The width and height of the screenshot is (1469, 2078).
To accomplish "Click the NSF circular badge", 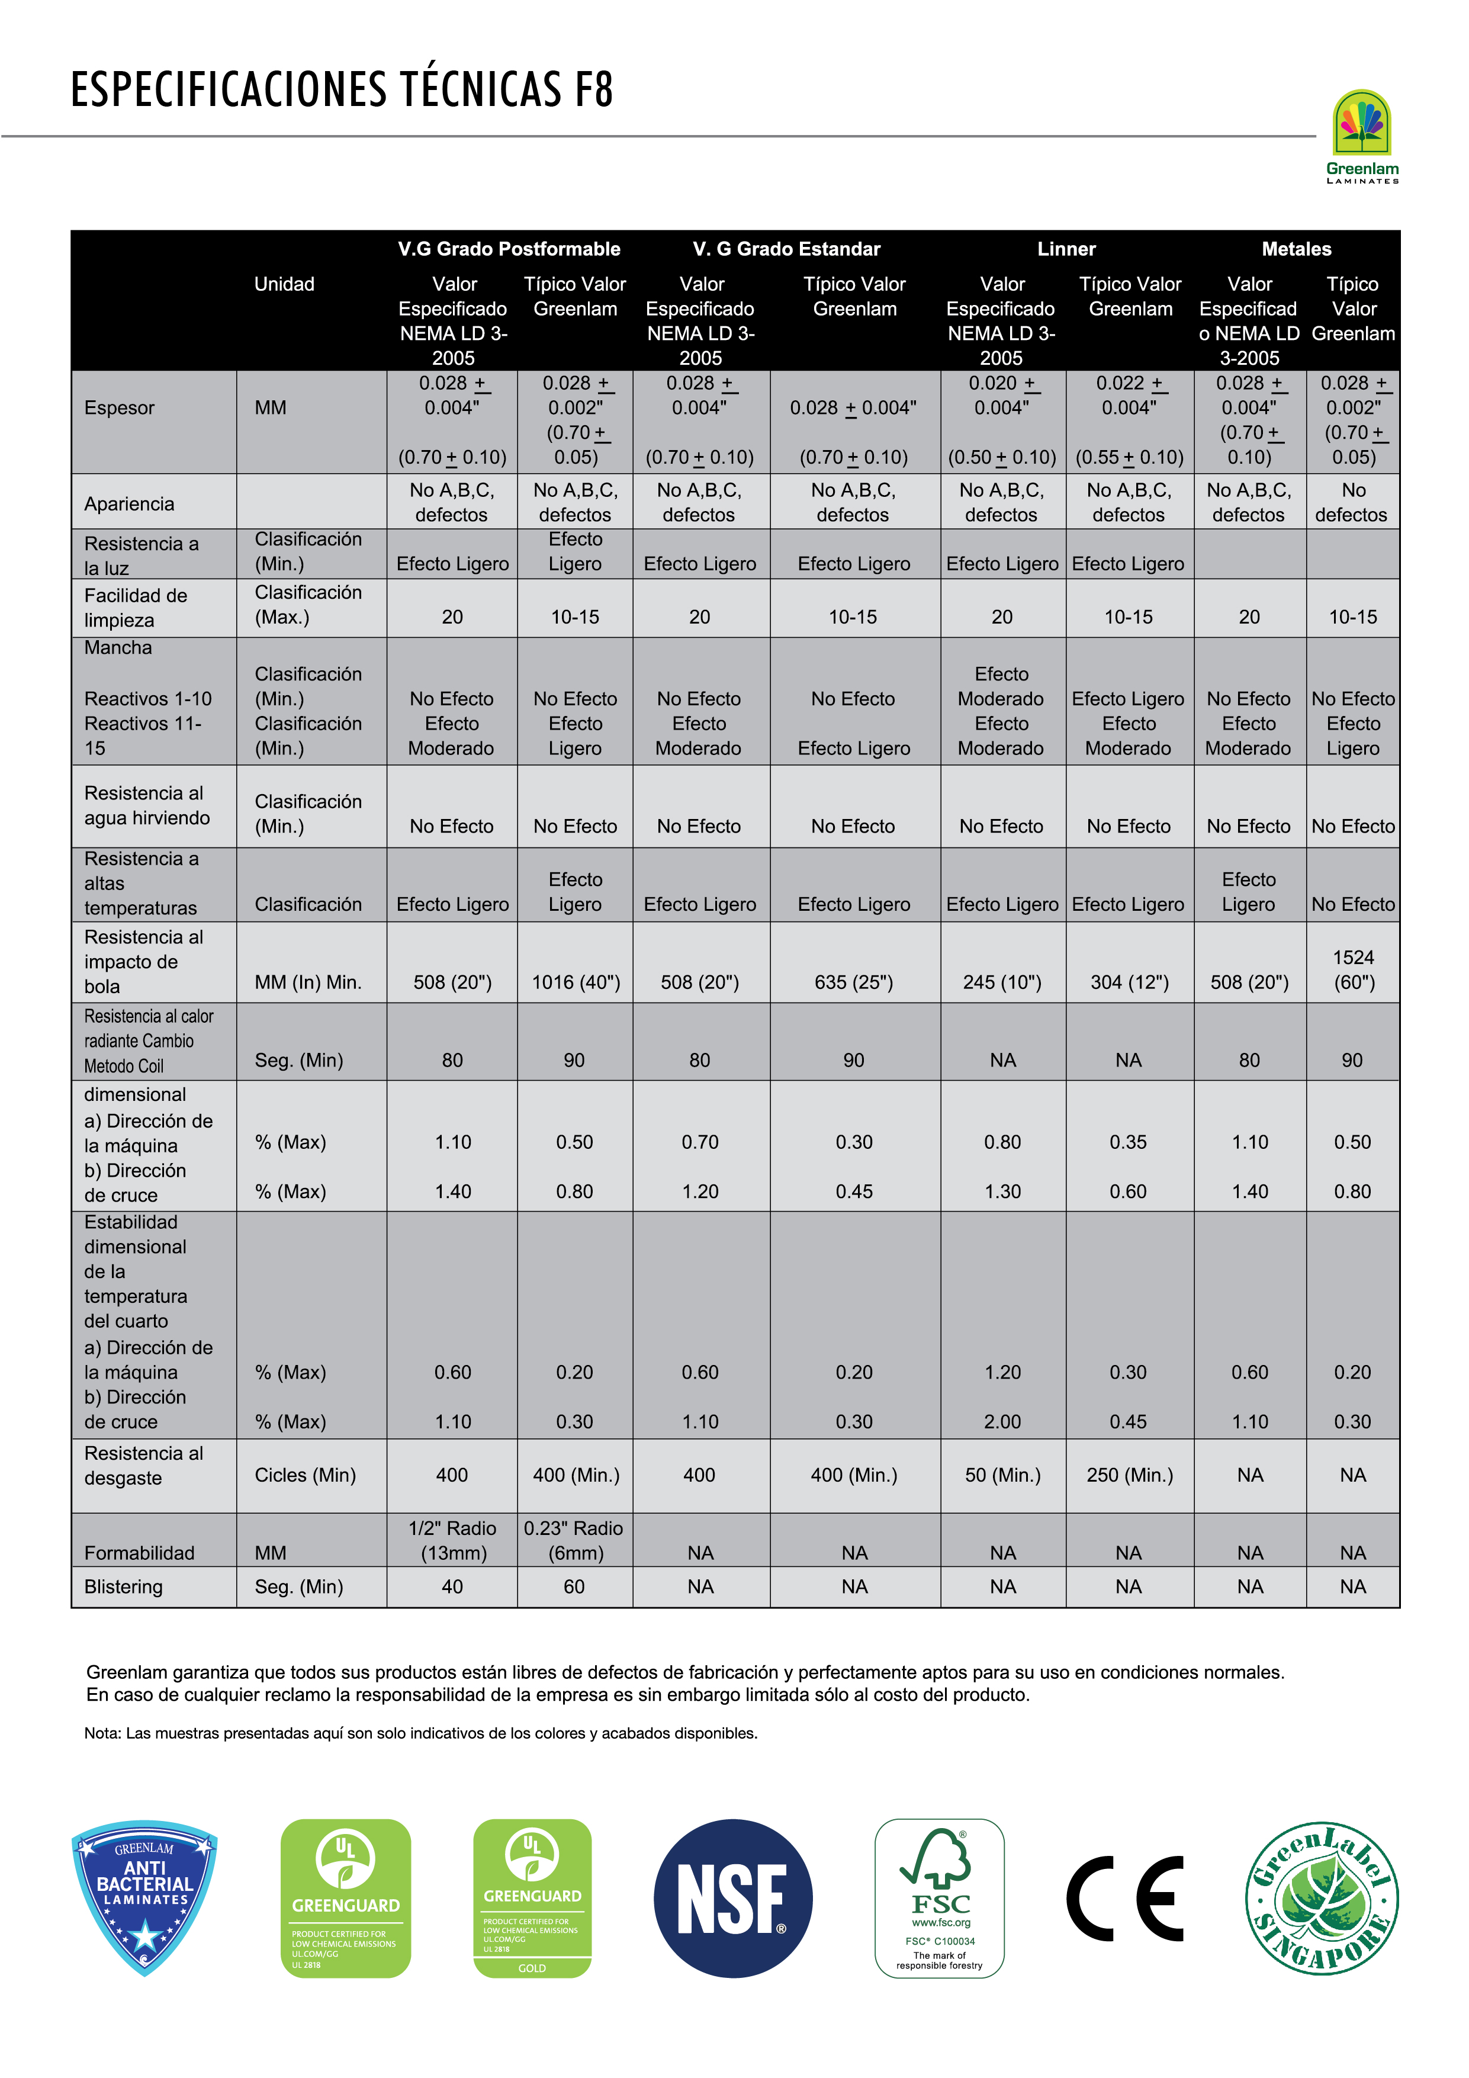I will coord(732,1899).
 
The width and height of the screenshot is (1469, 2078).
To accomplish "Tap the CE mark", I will coord(1124,1899).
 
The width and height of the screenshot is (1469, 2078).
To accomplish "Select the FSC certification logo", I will coord(940,1898).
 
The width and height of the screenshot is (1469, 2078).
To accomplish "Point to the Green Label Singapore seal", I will coord(1322,1898).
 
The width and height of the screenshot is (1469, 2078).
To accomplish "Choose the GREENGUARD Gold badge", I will coord(532,1898).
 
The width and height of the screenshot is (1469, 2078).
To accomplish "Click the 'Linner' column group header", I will coord(1066,249).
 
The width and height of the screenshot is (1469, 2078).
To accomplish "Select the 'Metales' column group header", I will coord(1296,249).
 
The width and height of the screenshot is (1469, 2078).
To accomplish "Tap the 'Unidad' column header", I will coord(284,284).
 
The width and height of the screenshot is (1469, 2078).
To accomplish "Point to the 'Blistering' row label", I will coord(123,1586).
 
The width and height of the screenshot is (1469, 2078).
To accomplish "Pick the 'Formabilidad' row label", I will coord(139,1553).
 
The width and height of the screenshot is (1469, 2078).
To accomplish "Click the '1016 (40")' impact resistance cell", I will coord(576,982).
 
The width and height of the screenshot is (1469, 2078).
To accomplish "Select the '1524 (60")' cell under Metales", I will coord(1353,969).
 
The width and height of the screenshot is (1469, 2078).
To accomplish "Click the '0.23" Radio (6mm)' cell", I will coord(574,1540).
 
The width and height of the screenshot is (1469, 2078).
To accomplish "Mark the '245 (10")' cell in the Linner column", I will coord(1002,982).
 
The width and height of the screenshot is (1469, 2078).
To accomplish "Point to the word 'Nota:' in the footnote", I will coord(102,1733).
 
